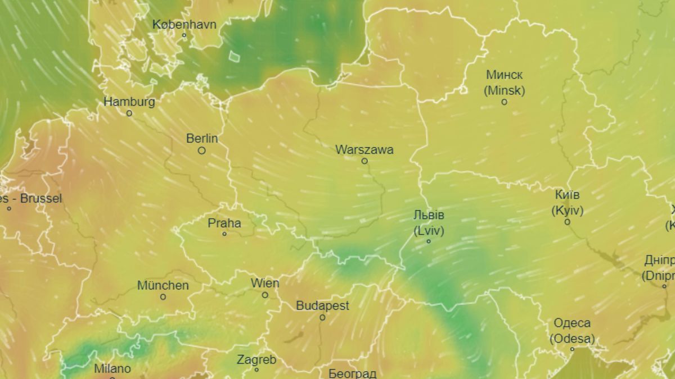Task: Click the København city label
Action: (x=184, y=24)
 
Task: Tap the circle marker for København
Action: (x=184, y=35)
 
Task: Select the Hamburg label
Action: (x=129, y=102)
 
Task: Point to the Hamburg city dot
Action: (x=129, y=113)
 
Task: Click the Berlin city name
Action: (x=202, y=138)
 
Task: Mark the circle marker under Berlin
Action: (x=202, y=150)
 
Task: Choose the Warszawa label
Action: (x=364, y=149)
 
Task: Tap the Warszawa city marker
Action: (x=364, y=161)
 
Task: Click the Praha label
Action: (x=224, y=223)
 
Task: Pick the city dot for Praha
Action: (x=224, y=234)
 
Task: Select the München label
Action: (x=163, y=285)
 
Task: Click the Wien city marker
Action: (x=265, y=295)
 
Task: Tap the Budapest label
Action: (x=322, y=305)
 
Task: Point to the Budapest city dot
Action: (x=322, y=317)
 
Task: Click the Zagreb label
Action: (x=256, y=359)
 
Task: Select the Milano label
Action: (x=112, y=368)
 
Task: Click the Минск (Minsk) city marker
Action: (x=504, y=102)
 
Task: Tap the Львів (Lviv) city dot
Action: (x=429, y=241)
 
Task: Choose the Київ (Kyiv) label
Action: (x=566, y=203)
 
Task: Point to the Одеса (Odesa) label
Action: (x=572, y=331)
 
